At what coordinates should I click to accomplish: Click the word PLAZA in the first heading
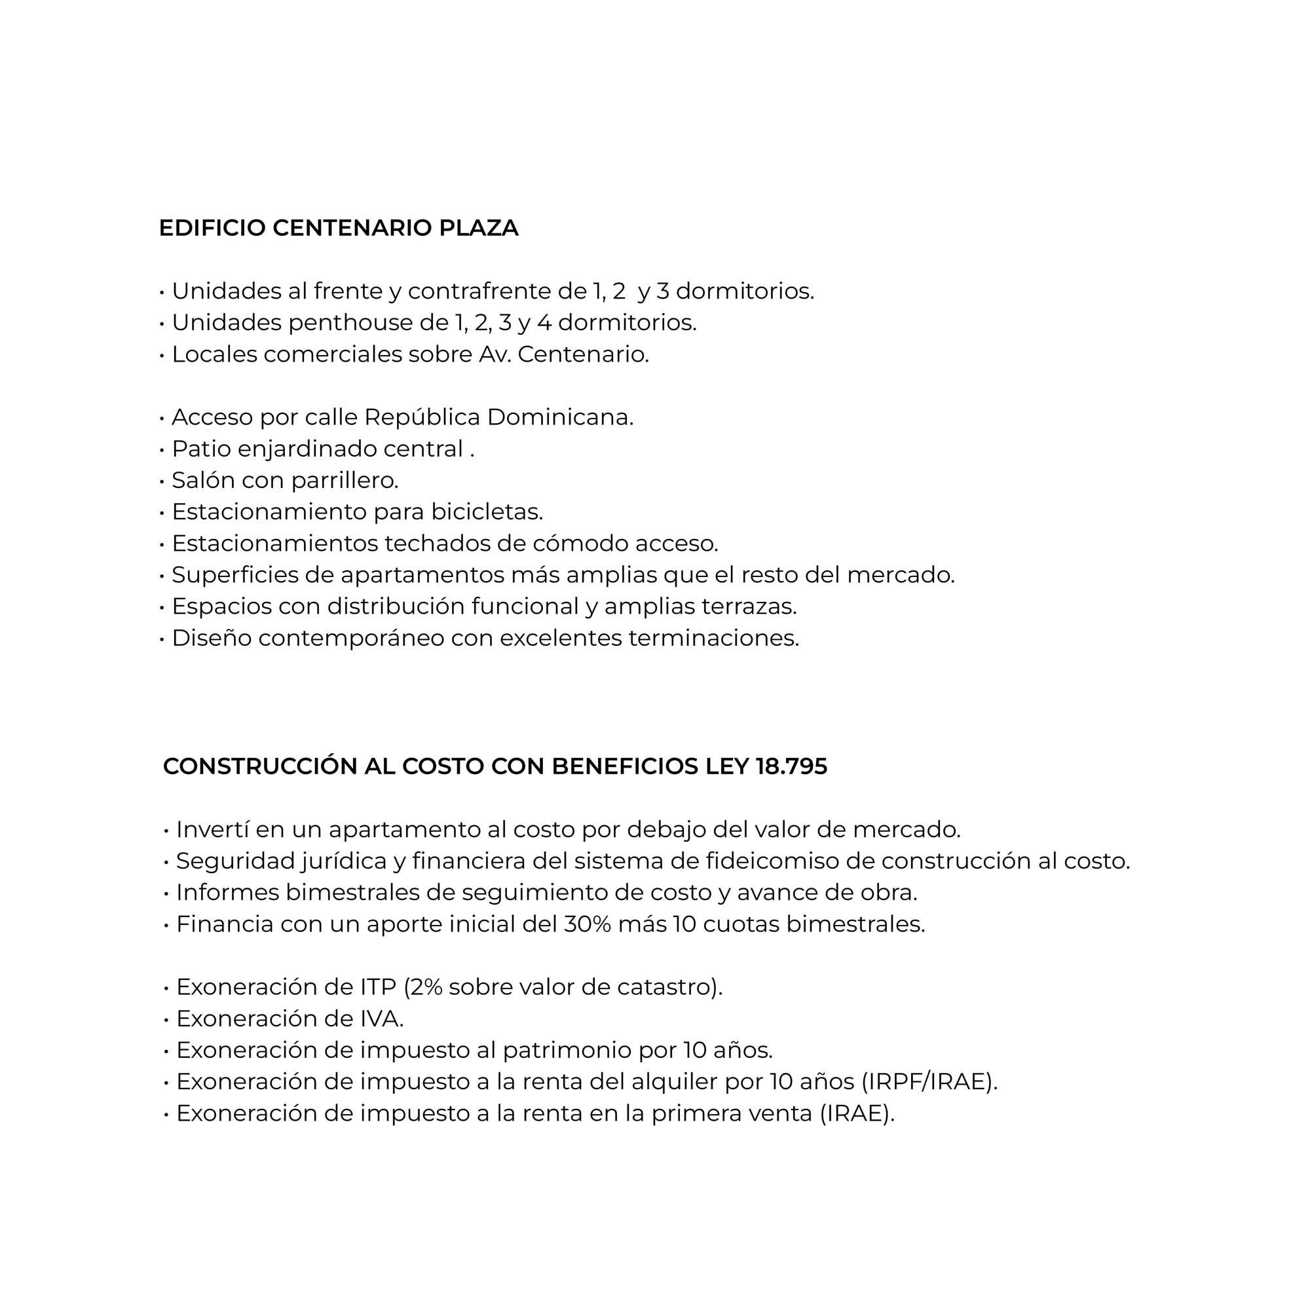(x=479, y=229)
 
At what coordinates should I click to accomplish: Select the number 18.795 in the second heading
(x=791, y=767)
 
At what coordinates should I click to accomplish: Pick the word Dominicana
(x=560, y=418)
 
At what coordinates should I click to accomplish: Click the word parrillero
(x=345, y=481)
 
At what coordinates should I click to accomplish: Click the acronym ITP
(x=378, y=987)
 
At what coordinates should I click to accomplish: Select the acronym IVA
(x=381, y=1019)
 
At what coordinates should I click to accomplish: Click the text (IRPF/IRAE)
(x=929, y=1082)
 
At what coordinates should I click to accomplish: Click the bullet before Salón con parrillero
(x=162, y=481)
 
